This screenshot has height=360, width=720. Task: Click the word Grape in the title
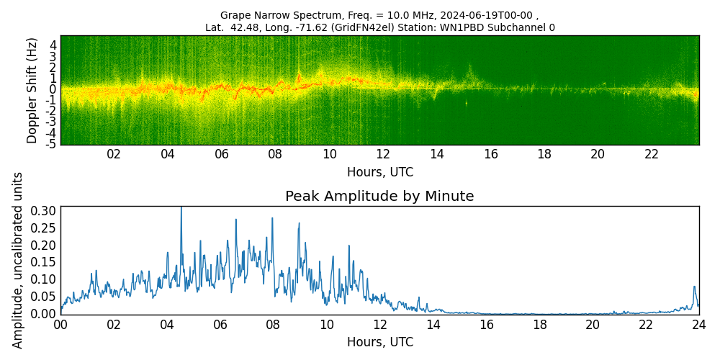[235, 15]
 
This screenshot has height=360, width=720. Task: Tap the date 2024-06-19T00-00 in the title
[490, 15]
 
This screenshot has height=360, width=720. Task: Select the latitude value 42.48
[242, 28]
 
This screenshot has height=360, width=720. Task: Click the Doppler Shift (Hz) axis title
[32, 90]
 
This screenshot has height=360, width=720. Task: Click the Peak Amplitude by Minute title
[379, 197]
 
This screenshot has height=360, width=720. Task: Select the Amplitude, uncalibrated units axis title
[18, 260]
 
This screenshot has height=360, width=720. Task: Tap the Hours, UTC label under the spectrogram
[379, 173]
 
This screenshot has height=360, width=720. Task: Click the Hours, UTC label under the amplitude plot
[379, 342]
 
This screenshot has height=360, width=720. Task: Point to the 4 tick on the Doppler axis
[53, 45]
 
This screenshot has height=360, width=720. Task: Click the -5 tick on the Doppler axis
[51, 144]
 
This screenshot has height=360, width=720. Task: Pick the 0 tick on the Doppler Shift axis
[53, 89]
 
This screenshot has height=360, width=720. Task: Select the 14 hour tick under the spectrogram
[437, 154]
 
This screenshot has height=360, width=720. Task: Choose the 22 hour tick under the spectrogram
[652, 154]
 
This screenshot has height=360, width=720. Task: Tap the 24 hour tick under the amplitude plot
[699, 325]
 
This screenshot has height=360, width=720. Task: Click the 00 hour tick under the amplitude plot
[60, 325]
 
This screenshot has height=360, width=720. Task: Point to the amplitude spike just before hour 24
[695, 287]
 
